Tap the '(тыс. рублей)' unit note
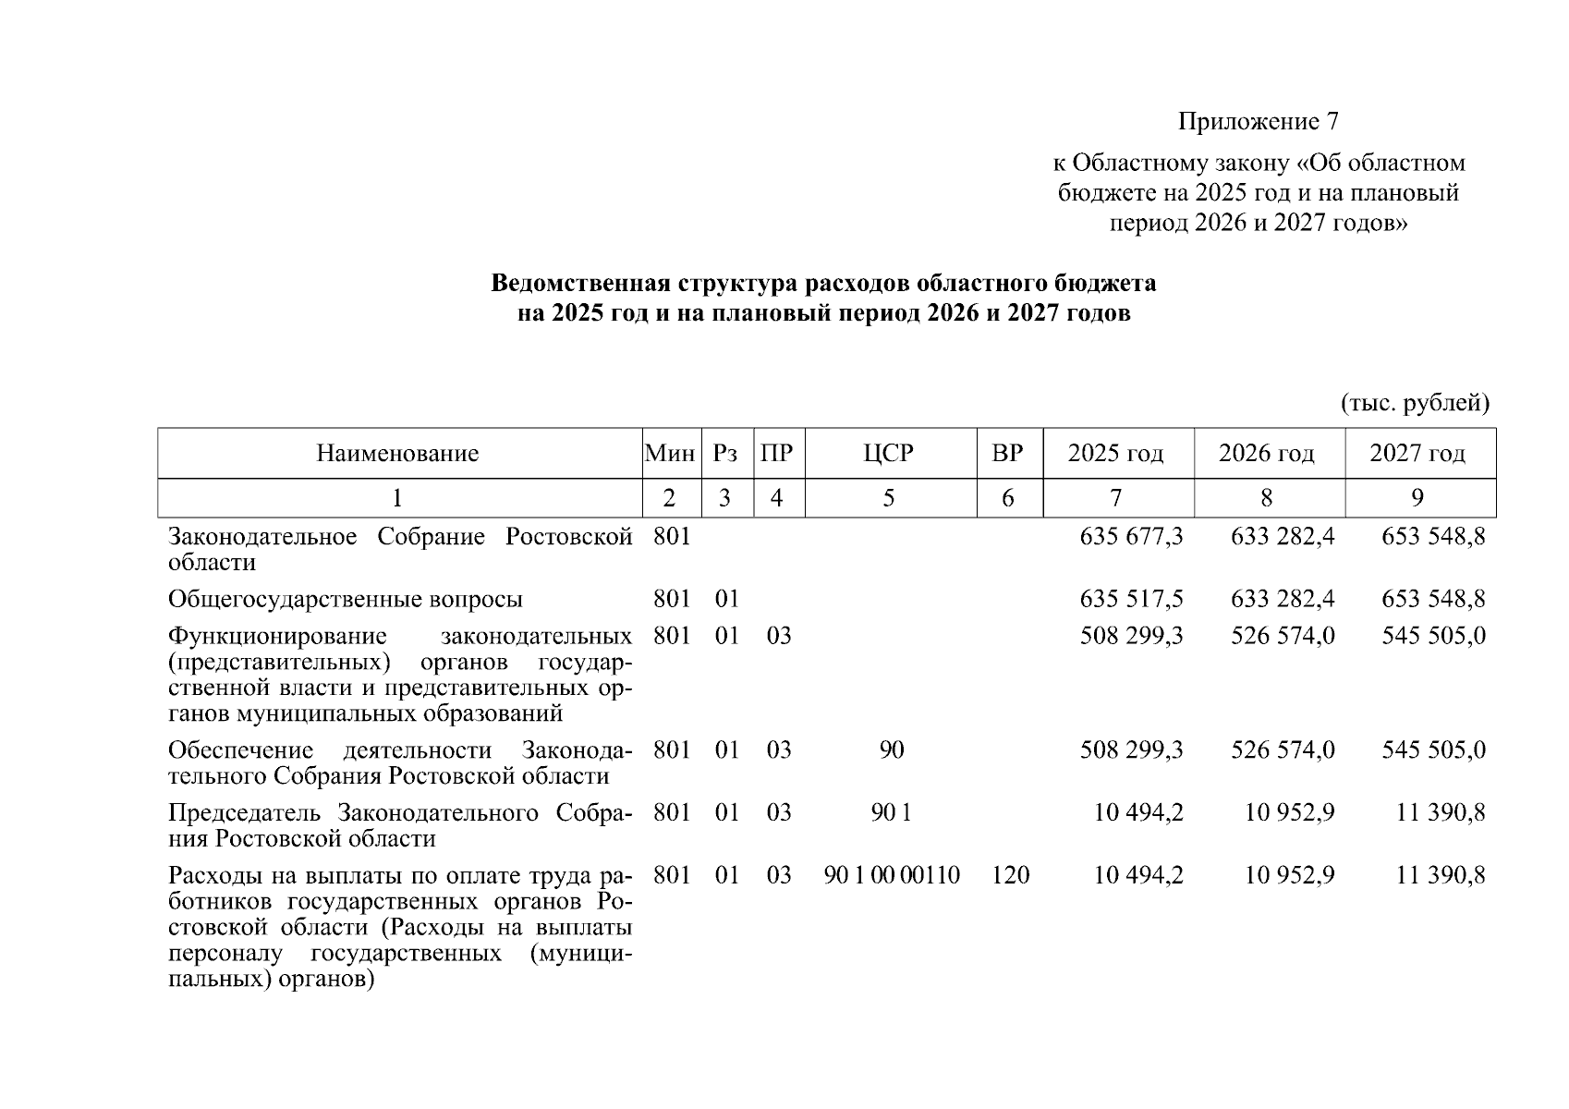tap(1415, 403)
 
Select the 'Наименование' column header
tap(397, 454)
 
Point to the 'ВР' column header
tap(1007, 454)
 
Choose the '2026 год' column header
tap(1266, 454)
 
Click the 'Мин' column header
tap(670, 454)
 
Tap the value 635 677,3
tap(1131, 537)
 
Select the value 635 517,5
tap(1131, 600)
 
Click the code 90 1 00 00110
tap(892, 875)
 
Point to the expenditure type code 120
tap(1010, 875)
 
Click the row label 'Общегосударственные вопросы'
tap(346, 600)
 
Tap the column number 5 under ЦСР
tap(888, 499)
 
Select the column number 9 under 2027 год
tap(1417, 499)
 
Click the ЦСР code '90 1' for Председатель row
tap(892, 813)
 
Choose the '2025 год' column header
tap(1115, 454)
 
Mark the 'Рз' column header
tap(725, 454)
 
